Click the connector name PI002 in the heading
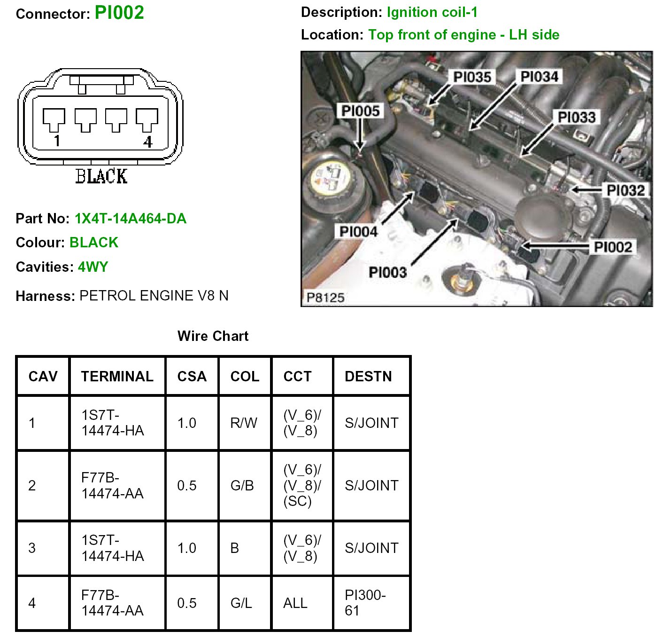pos(119,13)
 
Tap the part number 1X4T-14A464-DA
pos(131,219)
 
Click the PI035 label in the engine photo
pos(472,77)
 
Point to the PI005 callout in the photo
pos(360,111)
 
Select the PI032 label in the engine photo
pos(625,190)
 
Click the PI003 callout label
pos(387,272)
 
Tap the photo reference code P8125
pos(325,298)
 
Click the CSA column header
pos(192,376)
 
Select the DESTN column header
pos(368,376)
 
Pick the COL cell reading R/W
pos(244,423)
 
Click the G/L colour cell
pos(241,603)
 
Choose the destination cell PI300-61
pos(365,603)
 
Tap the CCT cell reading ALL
pos(295,603)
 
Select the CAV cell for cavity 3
pos(32,548)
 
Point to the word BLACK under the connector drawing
pos(101,177)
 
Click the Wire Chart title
pos(213,336)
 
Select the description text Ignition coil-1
pos(432,12)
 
